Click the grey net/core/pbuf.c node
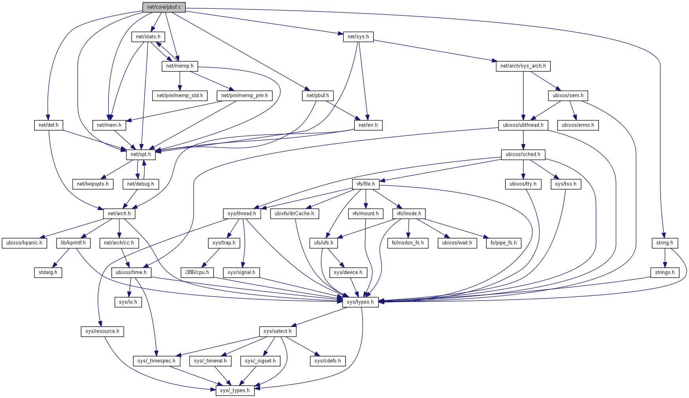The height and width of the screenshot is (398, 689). point(164,7)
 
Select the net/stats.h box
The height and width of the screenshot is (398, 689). point(148,37)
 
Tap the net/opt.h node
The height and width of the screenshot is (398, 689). point(141,154)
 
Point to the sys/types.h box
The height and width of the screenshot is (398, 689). point(360,302)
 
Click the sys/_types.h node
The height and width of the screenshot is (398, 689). point(235,390)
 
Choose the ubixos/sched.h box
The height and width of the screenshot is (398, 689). point(523,154)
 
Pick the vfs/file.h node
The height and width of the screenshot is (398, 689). point(366,184)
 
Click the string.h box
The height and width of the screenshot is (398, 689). point(665,243)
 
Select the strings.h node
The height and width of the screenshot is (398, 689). point(665,272)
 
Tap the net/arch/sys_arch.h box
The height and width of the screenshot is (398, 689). point(523,66)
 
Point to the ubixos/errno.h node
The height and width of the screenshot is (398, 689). point(578,125)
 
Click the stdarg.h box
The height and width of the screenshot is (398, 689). point(48,272)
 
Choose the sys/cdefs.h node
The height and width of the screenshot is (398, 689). point(328,361)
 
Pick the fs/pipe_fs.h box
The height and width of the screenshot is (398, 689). point(503,243)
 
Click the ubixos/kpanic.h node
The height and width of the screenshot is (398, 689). point(24,243)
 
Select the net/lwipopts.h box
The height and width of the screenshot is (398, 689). point(93,184)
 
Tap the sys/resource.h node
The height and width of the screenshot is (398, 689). point(102,331)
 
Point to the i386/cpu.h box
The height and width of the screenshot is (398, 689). point(197,272)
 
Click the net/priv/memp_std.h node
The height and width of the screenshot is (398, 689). point(180,96)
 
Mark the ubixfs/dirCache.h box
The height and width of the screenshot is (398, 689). point(294,214)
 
